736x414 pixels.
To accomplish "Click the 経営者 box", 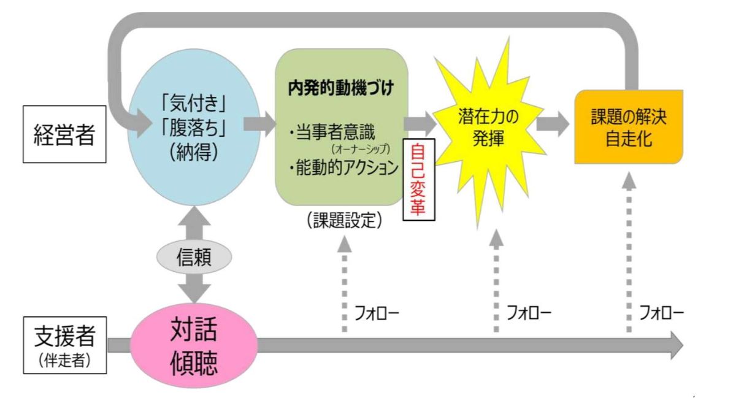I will coord(64,136).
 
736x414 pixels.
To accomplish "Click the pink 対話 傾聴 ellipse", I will coord(194,347).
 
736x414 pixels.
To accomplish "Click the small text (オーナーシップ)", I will coord(362,149).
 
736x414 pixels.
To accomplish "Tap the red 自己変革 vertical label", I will coord(419,178).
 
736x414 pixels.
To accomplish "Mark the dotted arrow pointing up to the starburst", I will coord(496,282).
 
